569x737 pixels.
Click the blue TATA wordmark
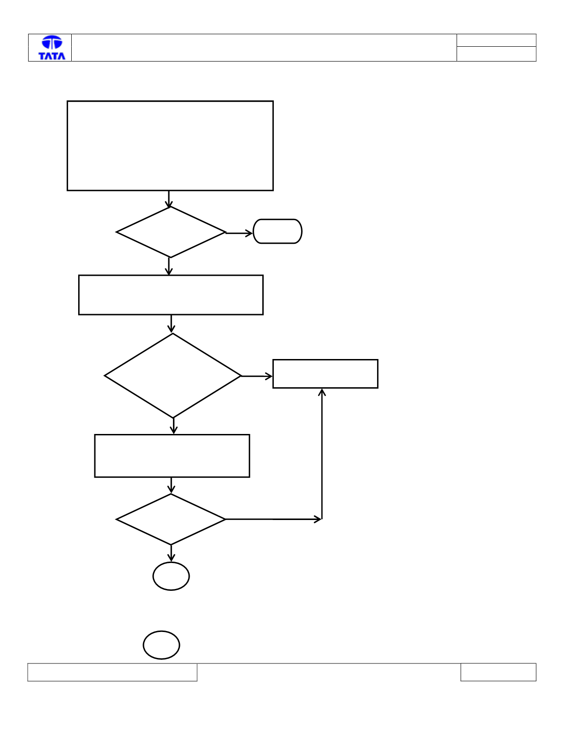(52, 56)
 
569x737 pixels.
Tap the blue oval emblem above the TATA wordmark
(52, 43)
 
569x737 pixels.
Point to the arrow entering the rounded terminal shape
(239, 233)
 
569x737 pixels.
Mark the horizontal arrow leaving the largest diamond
(257, 376)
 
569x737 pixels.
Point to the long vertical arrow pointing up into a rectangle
(322, 454)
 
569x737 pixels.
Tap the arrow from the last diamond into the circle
(171, 553)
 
